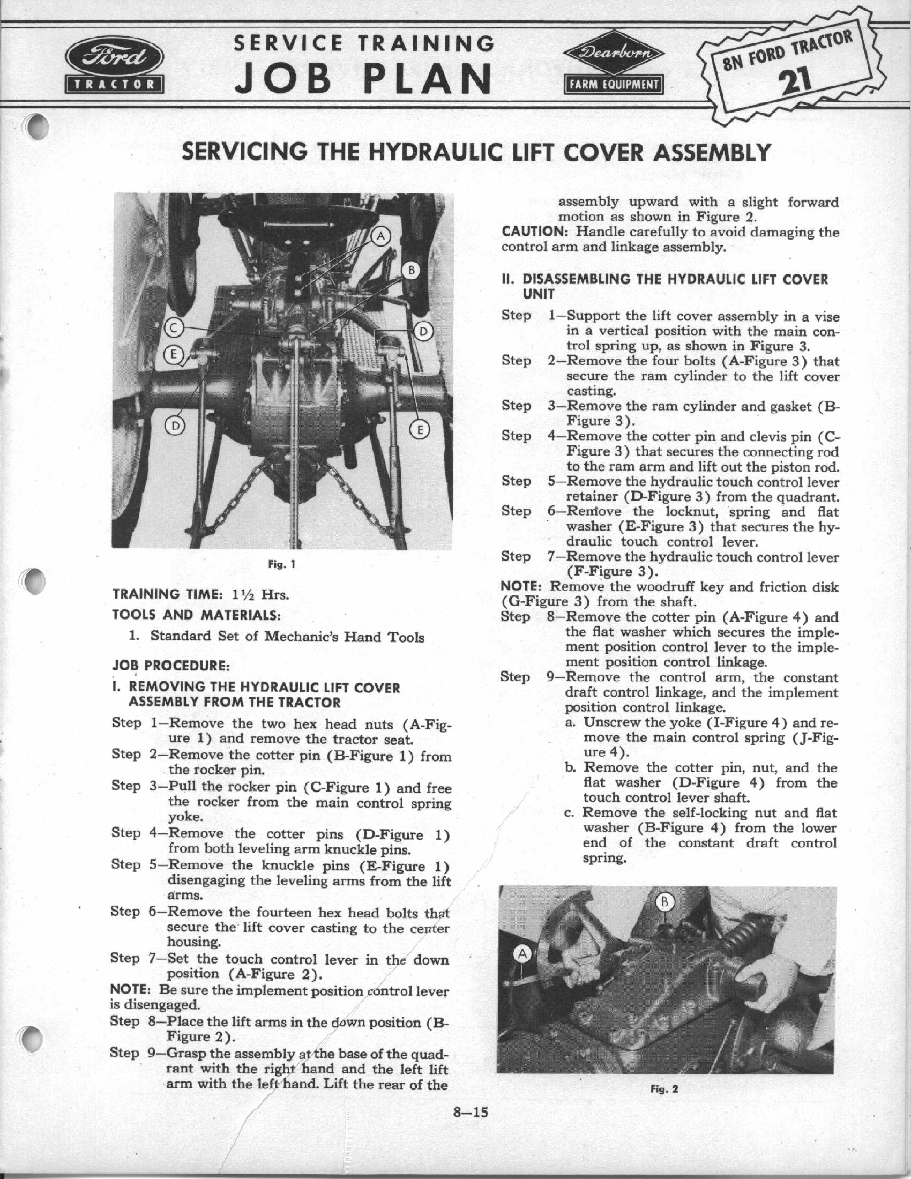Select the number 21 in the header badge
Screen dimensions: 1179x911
[796, 80]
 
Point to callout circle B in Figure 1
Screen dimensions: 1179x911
[411, 271]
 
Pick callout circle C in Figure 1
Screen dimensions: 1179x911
[174, 327]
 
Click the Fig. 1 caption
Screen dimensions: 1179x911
[282, 565]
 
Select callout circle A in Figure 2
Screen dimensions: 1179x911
[522, 954]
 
